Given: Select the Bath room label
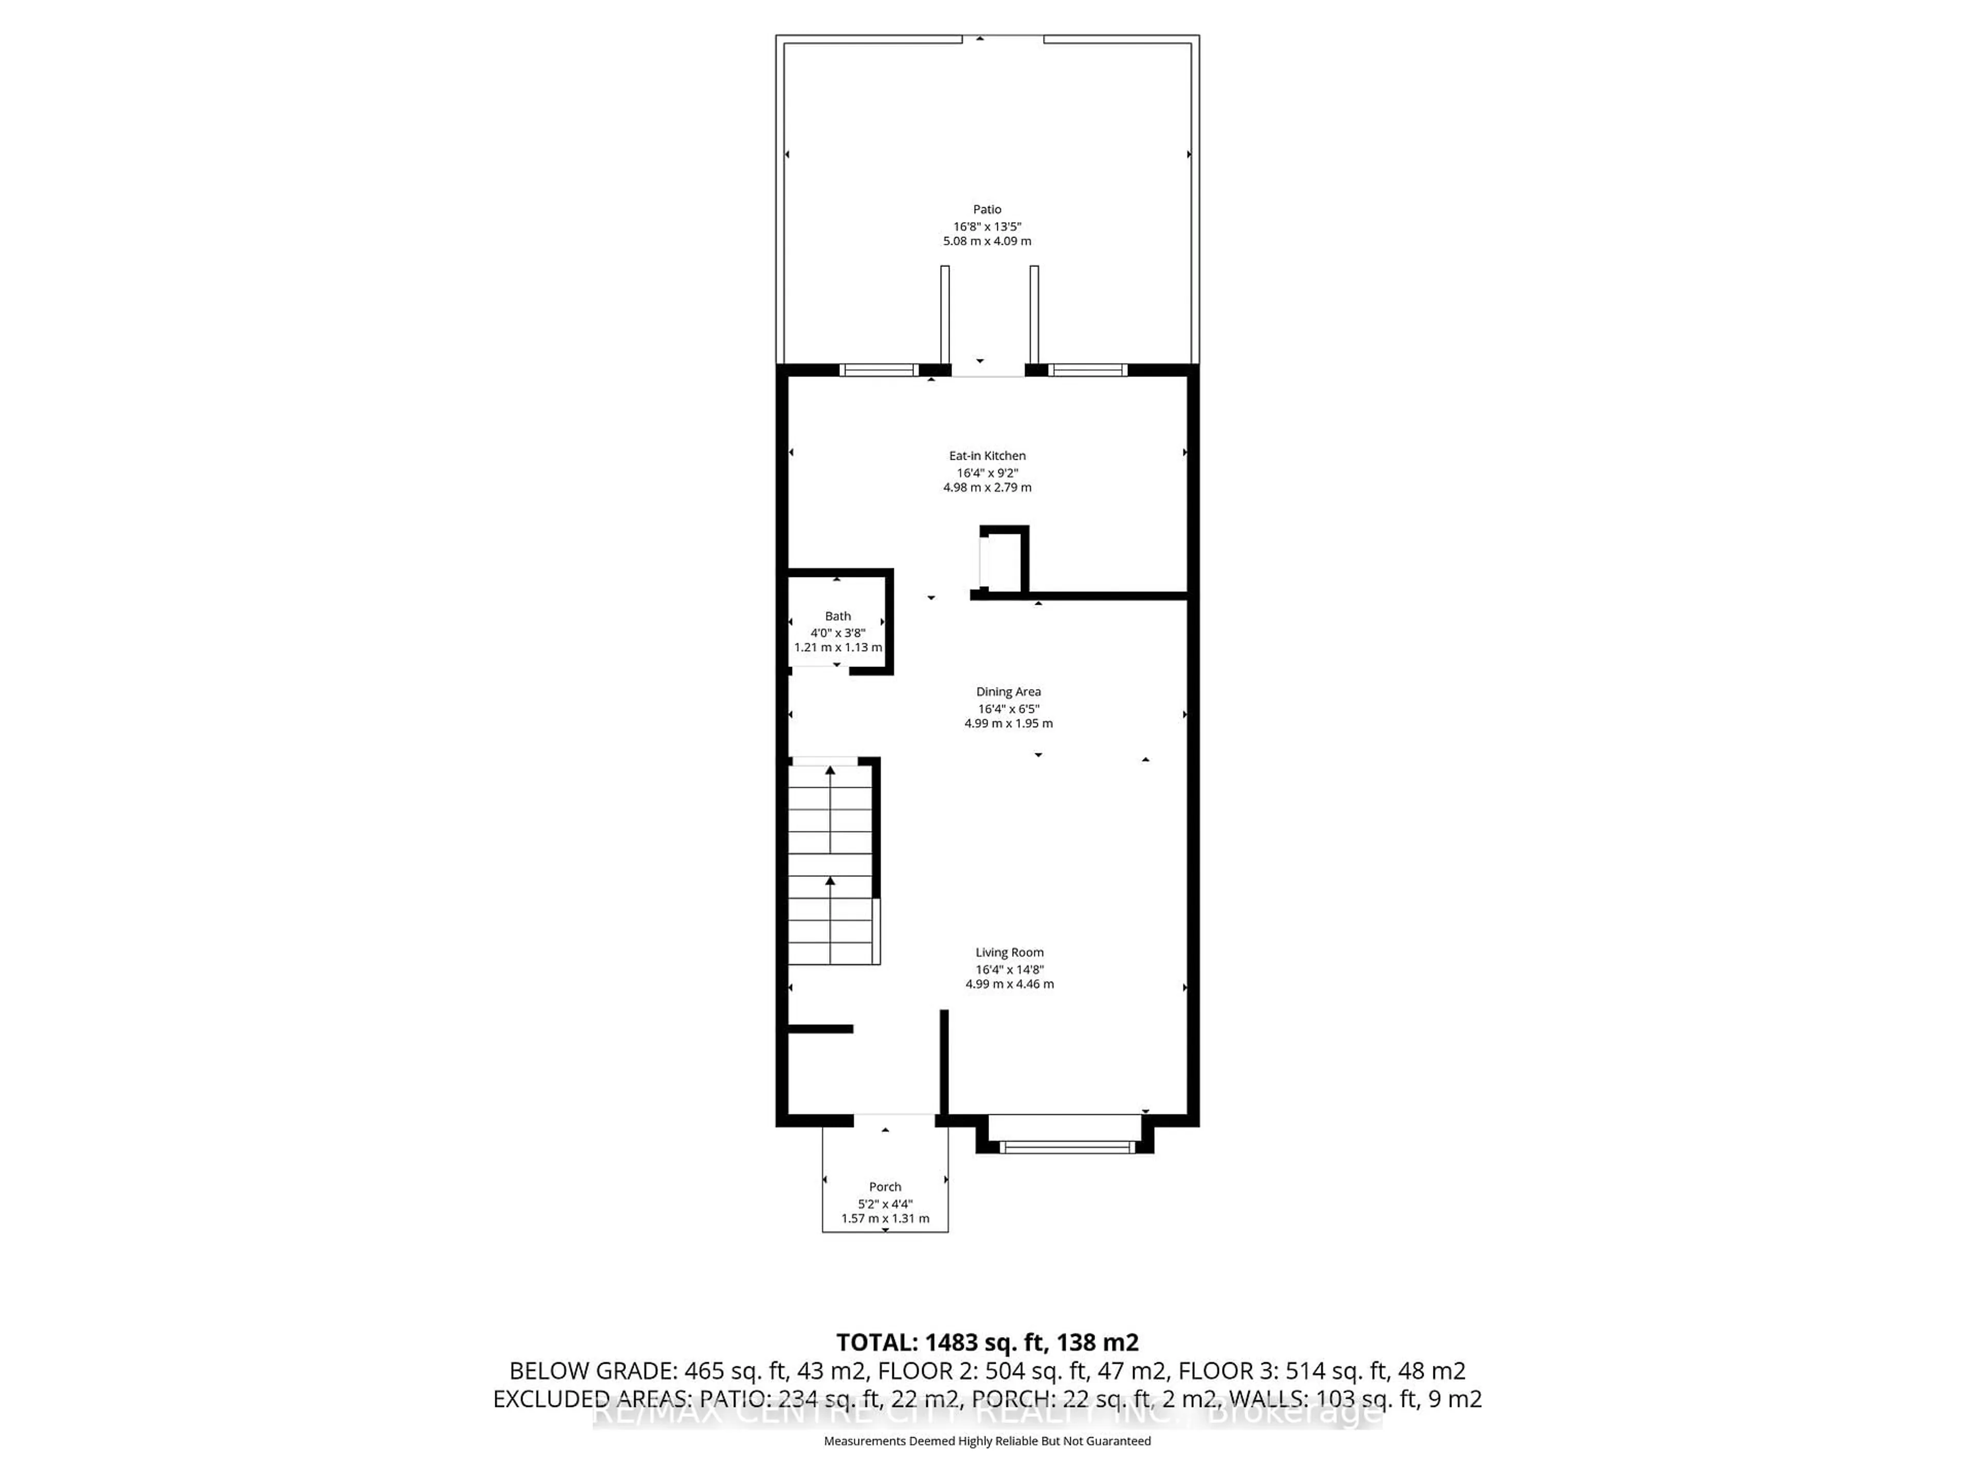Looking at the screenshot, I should tap(837, 616).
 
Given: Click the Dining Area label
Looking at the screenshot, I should tap(1008, 692).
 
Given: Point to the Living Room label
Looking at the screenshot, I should tap(1009, 952).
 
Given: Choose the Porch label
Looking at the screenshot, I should tap(885, 1186).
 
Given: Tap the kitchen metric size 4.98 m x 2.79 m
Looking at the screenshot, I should tap(986, 487).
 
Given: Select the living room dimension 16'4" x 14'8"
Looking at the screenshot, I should tap(1009, 969).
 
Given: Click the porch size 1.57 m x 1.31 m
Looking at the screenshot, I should tap(885, 1219).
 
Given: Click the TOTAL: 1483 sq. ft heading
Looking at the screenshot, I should tap(986, 1342).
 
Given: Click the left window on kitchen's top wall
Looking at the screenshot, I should tap(878, 370).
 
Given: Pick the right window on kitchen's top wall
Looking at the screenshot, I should tap(1087, 370).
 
